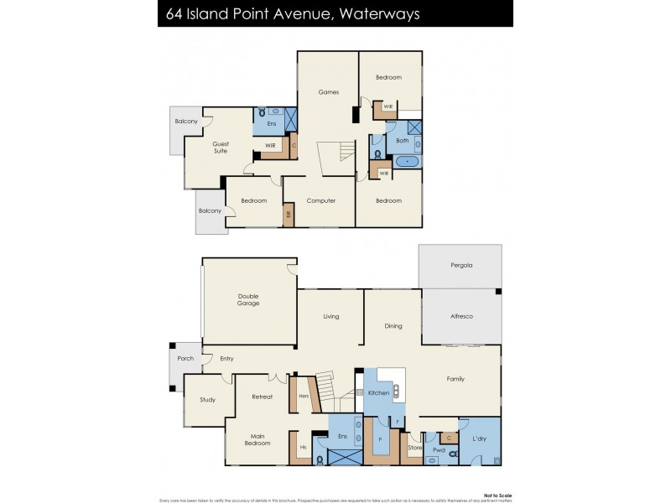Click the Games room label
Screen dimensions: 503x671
tap(329, 92)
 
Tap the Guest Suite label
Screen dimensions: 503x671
tap(221, 147)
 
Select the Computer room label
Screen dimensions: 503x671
tap(321, 201)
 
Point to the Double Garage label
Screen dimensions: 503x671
tap(248, 299)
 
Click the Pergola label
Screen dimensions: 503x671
tap(460, 265)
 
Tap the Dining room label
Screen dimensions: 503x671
tap(393, 326)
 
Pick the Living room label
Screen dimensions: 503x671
tap(331, 317)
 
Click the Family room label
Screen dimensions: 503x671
tap(455, 379)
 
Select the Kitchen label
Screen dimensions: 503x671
tap(378, 392)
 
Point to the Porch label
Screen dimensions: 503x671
tap(185, 359)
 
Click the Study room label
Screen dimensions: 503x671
tap(208, 400)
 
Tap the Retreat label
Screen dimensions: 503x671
tap(262, 397)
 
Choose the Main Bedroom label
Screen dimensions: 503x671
tap(257, 439)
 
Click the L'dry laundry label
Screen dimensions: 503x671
tap(479, 439)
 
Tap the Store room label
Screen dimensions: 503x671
tap(414, 449)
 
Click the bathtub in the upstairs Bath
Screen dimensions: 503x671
tap(408, 160)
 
